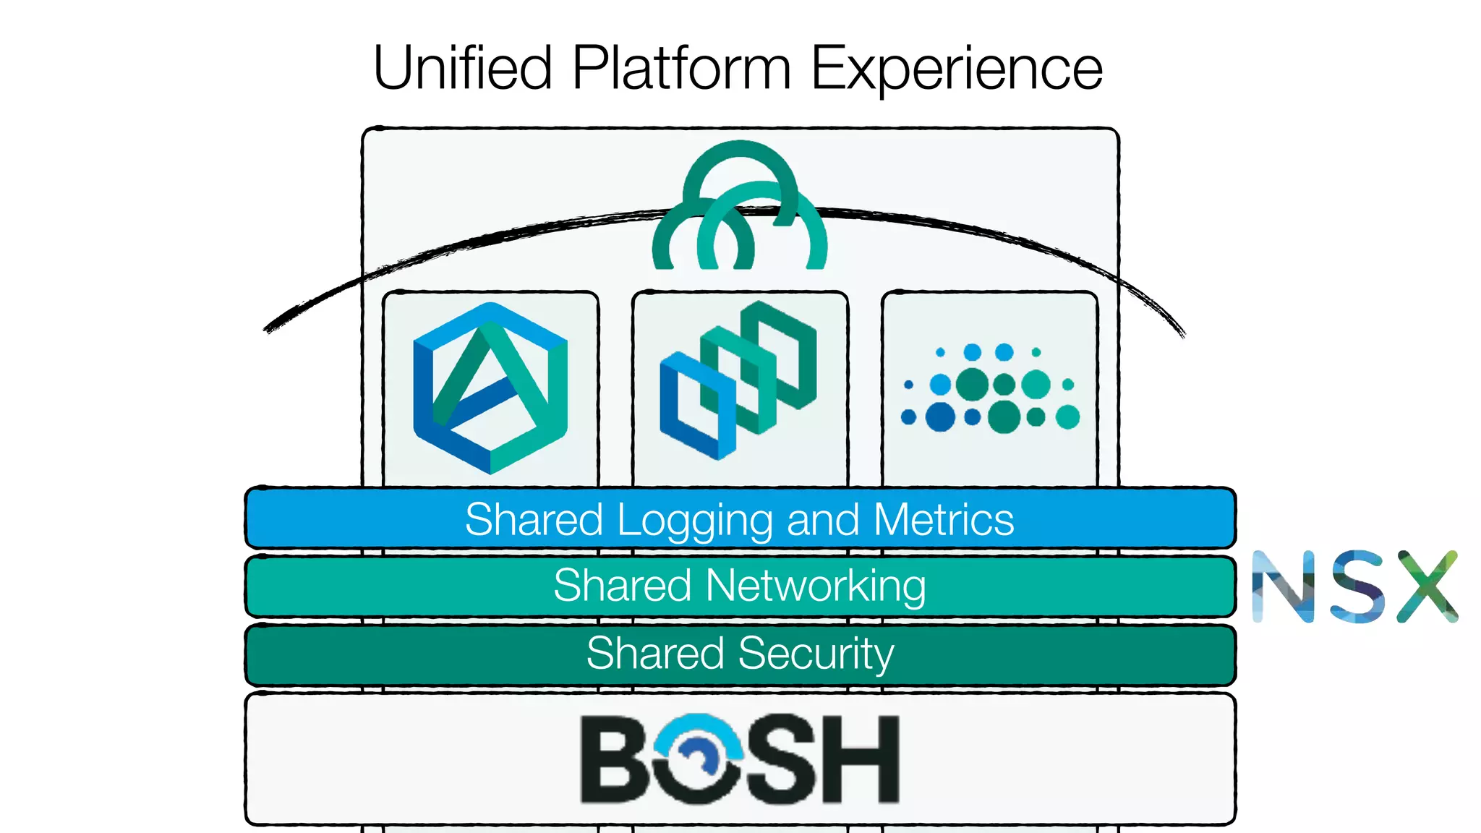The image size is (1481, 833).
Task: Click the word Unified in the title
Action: [463, 68]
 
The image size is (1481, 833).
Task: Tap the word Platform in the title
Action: [681, 68]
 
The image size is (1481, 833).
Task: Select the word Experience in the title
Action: [956, 68]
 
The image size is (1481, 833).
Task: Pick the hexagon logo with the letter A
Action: [490, 388]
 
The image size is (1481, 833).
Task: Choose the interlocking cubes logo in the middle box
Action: [738, 380]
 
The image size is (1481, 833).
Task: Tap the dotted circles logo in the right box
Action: [990, 388]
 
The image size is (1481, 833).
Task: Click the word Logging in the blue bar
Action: [695, 520]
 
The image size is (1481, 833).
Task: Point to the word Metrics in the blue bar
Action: [944, 519]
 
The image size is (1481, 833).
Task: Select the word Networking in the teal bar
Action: [816, 586]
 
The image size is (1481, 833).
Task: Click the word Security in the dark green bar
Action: [816, 654]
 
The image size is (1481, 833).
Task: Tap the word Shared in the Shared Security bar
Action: [655, 653]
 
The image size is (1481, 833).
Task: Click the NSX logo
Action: [1354, 586]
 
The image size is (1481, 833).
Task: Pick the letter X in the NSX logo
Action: [1427, 586]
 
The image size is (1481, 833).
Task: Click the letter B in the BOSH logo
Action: [615, 759]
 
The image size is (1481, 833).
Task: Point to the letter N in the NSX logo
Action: [1283, 586]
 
